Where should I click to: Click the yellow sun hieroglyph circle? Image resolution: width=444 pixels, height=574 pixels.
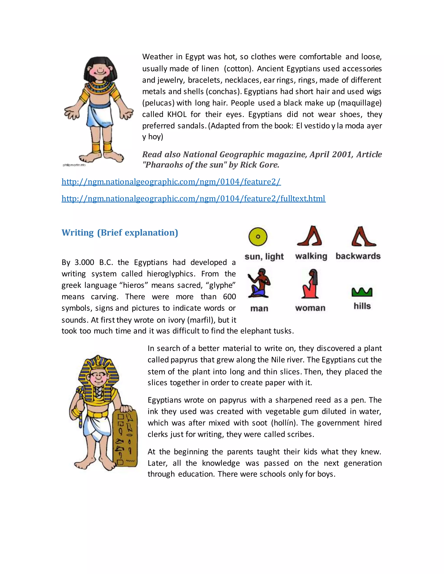(258, 237)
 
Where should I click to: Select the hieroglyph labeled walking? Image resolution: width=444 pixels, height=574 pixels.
(310, 236)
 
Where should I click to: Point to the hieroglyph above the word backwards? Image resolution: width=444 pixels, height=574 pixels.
(364, 236)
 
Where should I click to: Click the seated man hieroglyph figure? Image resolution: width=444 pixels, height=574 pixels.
(259, 283)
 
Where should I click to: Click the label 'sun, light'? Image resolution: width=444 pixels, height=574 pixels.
(264, 256)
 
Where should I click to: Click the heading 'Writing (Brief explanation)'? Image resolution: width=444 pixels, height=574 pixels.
(120, 233)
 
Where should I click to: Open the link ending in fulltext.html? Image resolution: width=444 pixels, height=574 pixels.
(194, 198)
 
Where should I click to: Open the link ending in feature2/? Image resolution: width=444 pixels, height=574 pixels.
(171, 182)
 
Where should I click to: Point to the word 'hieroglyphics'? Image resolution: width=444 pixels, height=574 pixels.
(171, 274)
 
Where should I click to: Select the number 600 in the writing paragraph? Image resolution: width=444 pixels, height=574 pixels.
(229, 297)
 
